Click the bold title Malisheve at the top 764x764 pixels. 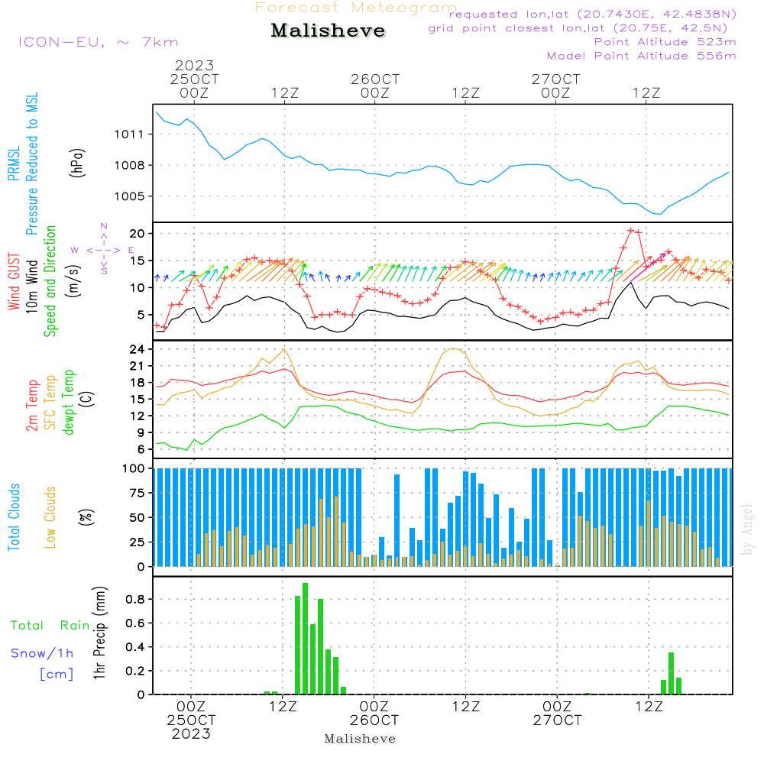(x=329, y=31)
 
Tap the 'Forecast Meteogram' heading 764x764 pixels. (x=356, y=8)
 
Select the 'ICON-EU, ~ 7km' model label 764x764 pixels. (x=98, y=42)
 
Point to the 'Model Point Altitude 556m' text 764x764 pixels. (x=642, y=56)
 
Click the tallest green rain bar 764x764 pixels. (x=305, y=638)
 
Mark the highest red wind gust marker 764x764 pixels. (x=631, y=230)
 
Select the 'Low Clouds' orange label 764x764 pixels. (x=50, y=516)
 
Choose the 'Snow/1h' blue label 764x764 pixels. (x=42, y=653)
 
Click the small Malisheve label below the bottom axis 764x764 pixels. (x=361, y=739)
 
